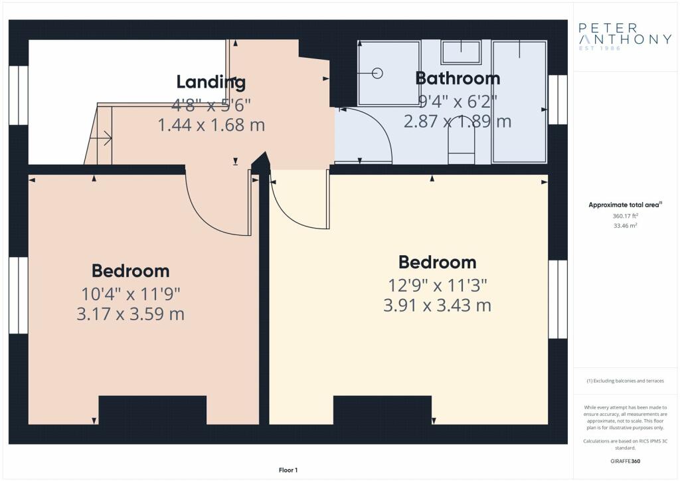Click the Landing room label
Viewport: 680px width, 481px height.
(x=211, y=82)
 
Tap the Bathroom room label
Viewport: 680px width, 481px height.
(x=458, y=78)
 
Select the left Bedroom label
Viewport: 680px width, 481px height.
(x=131, y=271)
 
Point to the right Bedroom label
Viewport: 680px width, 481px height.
(x=437, y=262)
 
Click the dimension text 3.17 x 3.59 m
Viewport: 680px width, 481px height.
(x=131, y=314)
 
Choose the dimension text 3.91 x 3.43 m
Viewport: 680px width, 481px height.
(x=437, y=306)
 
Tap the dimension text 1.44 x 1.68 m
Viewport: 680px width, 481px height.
(x=211, y=125)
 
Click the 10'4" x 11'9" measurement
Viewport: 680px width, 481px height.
(x=131, y=294)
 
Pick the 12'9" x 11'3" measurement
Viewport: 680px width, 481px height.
(x=437, y=286)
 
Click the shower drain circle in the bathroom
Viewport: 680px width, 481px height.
(x=377, y=73)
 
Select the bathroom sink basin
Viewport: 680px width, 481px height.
(x=461, y=52)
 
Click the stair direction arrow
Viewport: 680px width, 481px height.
(x=101, y=139)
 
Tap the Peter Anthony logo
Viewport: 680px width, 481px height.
(x=625, y=37)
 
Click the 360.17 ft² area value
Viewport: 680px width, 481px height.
(x=625, y=215)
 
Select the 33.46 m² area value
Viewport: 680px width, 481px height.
(x=625, y=225)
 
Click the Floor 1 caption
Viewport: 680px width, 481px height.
(x=288, y=470)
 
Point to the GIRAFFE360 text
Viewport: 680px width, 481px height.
(x=625, y=461)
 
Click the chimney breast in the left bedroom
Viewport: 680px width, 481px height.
(x=153, y=410)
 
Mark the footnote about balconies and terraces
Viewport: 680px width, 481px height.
(x=625, y=381)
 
